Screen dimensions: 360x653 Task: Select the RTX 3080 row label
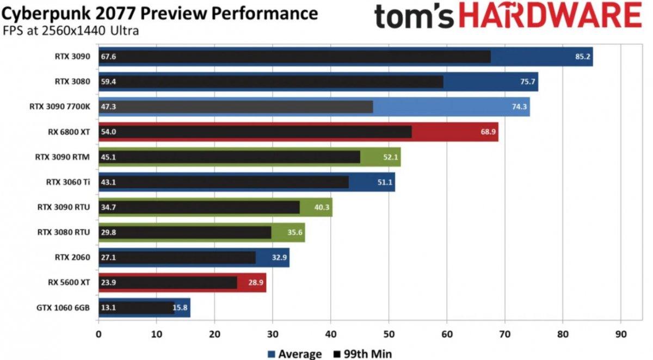click(x=71, y=82)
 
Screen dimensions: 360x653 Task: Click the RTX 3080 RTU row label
click(x=63, y=233)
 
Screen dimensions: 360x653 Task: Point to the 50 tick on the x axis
click(x=389, y=334)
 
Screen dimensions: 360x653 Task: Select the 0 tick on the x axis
click(x=98, y=334)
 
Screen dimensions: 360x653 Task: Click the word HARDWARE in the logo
click(x=550, y=17)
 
